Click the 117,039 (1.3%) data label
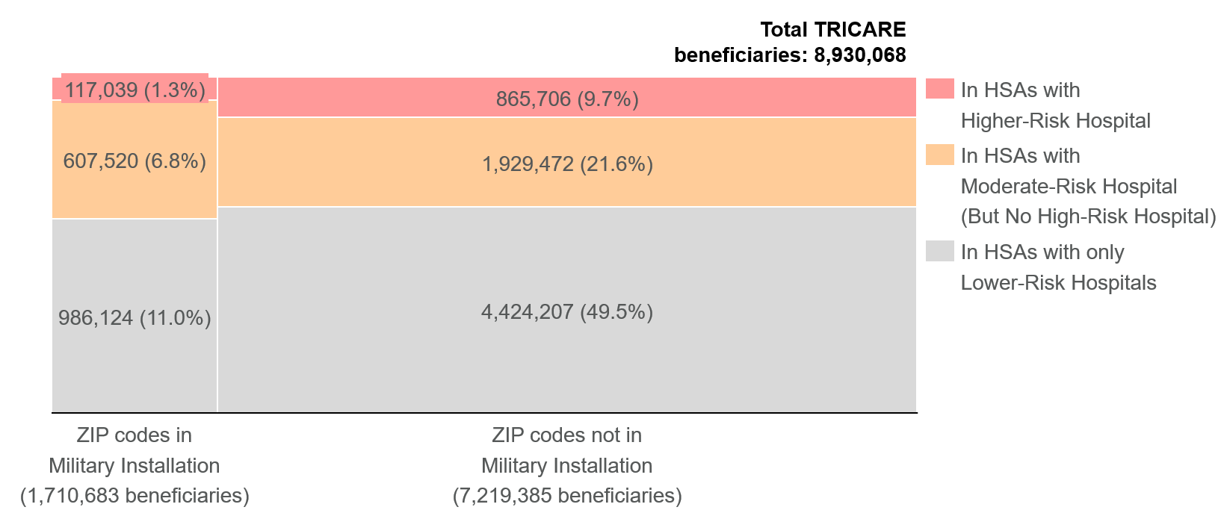(x=135, y=90)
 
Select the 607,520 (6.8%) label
(x=135, y=161)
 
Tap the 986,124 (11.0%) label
(x=135, y=318)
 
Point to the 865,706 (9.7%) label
(x=567, y=99)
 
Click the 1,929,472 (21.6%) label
(x=567, y=164)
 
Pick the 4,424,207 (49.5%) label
(x=567, y=312)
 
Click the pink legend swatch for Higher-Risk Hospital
(x=939, y=89)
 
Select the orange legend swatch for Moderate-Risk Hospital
(x=939, y=155)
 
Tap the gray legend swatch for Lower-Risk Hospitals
(x=939, y=251)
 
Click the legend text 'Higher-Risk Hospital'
(x=1055, y=121)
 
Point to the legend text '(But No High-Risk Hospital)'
(x=1088, y=217)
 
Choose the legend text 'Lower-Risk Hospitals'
(x=1058, y=283)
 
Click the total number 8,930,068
(x=859, y=55)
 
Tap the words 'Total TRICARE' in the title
(x=832, y=30)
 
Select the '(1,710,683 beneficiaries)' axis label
(x=135, y=496)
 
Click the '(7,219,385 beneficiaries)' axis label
(x=567, y=496)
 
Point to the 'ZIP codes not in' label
(x=567, y=435)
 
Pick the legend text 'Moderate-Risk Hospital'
(x=1069, y=187)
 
